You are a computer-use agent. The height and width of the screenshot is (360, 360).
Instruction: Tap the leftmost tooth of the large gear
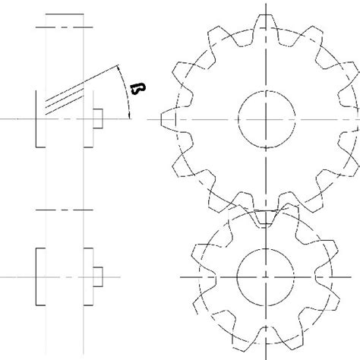[172, 119]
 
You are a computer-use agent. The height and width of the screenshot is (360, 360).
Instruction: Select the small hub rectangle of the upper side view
[96, 119]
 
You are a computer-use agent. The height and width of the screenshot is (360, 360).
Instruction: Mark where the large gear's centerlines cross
[265, 119]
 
